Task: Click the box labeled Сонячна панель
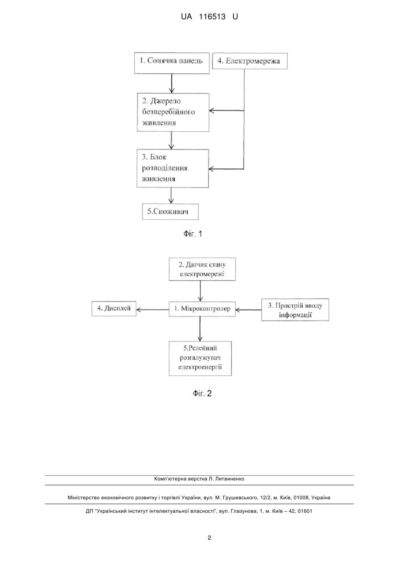pyautogui.click(x=172, y=63)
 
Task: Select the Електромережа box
pyautogui.click(x=250, y=61)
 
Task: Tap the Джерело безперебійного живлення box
pyautogui.click(x=173, y=112)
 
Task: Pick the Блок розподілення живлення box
pyautogui.click(x=173, y=168)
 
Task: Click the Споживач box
pyautogui.click(x=170, y=211)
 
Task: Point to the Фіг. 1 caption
pyautogui.click(x=193, y=234)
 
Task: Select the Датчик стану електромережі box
pyautogui.click(x=202, y=269)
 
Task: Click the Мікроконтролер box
pyautogui.click(x=202, y=309)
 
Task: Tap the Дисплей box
pyautogui.click(x=114, y=308)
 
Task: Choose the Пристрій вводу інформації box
pyautogui.click(x=295, y=310)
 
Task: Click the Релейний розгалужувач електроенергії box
pyautogui.click(x=200, y=358)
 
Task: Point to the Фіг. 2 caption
pyautogui.click(x=202, y=393)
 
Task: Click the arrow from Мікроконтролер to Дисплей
pyautogui.click(x=153, y=310)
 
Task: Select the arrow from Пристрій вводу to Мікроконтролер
pyautogui.click(x=248, y=310)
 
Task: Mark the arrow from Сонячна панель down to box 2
pyautogui.click(x=172, y=83)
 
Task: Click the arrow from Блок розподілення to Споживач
pyautogui.click(x=171, y=196)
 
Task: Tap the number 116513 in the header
pyautogui.click(x=212, y=17)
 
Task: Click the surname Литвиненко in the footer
pyautogui.click(x=230, y=479)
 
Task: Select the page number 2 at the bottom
pyautogui.click(x=209, y=538)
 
